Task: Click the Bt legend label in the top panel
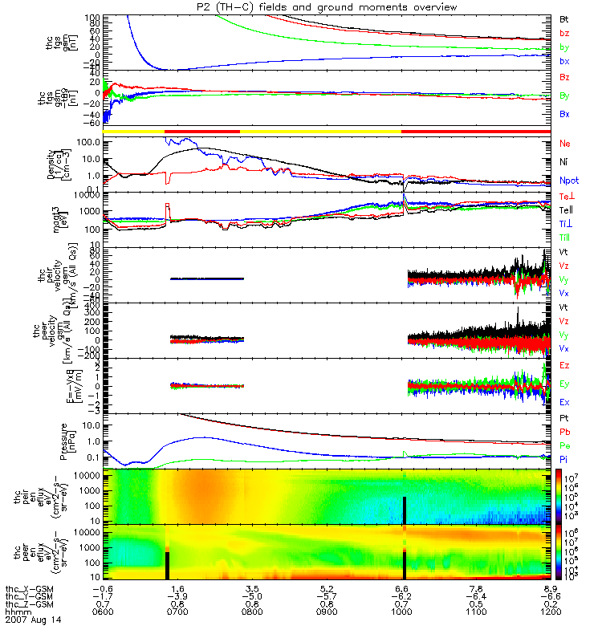(564, 18)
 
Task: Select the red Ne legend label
(564, 144)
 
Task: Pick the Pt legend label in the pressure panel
(564, 419)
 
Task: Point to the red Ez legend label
(564, 366)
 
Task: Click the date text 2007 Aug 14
(33, 620)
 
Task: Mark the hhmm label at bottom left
(15, 612)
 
